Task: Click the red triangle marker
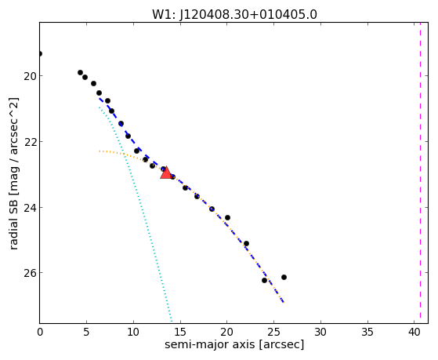click(166, 173)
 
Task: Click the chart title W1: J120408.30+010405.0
click(234, 14)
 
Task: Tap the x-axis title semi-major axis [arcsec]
click(234, 344)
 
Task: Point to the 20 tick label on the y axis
click(30, 76)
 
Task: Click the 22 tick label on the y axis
click(30, 142)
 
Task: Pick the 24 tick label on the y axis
click(30, 208)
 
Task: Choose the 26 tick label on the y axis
click(30, 273)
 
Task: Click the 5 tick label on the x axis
click(86, 332)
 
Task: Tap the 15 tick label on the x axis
click(180, 332)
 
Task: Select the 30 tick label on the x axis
click(320, 332)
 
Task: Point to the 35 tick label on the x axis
click(367, 332)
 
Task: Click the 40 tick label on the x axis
click(414, 332)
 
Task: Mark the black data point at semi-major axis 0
click(40, 53)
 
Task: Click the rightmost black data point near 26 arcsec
click(284, 277)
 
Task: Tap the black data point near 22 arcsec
click(246, 244)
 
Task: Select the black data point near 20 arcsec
click(227, 217)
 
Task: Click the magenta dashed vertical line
click(420, 173)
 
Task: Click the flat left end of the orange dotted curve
click(100, 151)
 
